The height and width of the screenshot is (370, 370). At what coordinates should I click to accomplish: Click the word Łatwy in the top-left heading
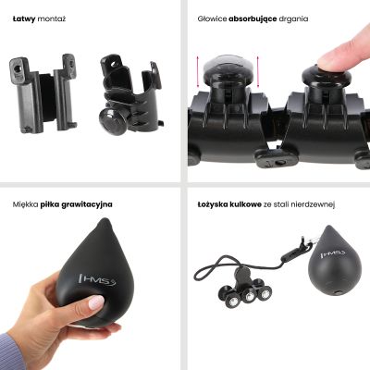click(x=24, y=19)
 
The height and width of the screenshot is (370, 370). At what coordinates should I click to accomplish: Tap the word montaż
click(x=52, y=19)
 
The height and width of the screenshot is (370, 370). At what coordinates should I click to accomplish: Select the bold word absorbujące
click(x=253, y=19)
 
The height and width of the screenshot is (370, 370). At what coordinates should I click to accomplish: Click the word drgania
click(x=293, y=19)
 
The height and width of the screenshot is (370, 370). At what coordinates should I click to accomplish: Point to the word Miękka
click(x=26, y=204)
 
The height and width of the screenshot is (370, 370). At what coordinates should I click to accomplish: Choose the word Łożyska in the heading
click(x=213, y=204)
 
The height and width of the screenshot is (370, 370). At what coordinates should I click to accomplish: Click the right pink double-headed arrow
click(x=258, y=72)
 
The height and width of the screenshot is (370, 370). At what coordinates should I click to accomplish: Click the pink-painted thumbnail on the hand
click(x=95, y=302)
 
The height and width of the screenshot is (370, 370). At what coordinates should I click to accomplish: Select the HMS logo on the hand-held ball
click(x=97, y=279)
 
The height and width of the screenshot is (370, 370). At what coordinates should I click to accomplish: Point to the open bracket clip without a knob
click(x=43, y=93)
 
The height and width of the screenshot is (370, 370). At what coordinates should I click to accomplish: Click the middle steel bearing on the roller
click(x=248, y=297)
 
